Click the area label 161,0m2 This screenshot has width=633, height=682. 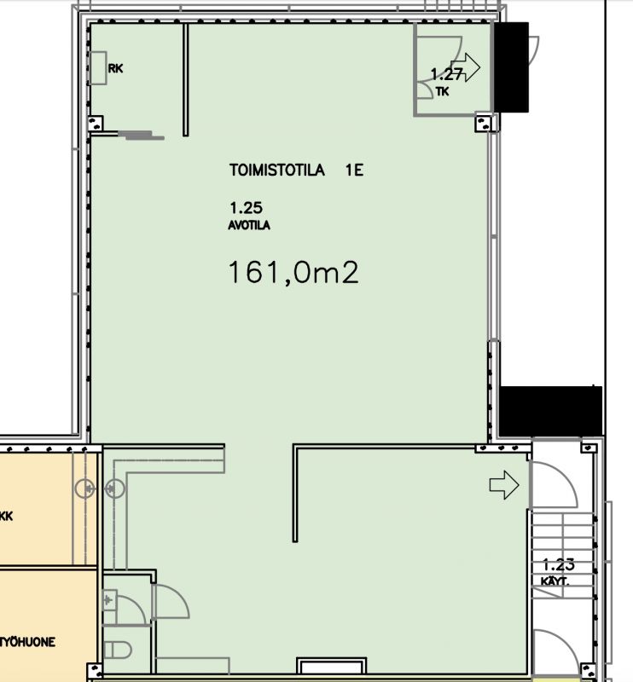(292, 273)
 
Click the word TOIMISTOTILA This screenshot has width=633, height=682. (277, 170)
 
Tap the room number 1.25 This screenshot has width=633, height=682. (244, 206)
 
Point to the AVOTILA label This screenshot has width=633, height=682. (249, 225)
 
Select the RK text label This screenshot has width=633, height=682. (116, 69)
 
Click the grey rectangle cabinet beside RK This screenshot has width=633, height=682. (98, 68)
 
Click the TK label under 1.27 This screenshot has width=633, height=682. (441, 92)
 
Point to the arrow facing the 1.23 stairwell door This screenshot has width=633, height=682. (504, 485)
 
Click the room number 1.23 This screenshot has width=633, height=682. (559, 564)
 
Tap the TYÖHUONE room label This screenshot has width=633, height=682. (27, 642)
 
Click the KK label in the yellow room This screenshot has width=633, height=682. (7, 516)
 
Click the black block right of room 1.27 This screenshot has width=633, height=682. (511, 67)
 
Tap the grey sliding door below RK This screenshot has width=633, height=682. (136, 133)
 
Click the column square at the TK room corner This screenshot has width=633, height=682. (485, 124)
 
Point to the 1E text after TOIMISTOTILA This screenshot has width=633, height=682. (355, 170)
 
